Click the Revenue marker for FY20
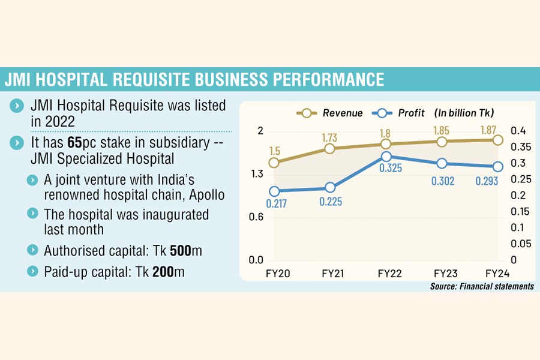[274, 163]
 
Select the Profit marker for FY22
[386, 157]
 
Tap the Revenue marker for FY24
[497, 140]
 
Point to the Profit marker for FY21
[329, 188]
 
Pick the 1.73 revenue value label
[330, 137]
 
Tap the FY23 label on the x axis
[442, 273]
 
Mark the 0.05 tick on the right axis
[520, 244]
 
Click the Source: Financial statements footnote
[481, 286]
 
